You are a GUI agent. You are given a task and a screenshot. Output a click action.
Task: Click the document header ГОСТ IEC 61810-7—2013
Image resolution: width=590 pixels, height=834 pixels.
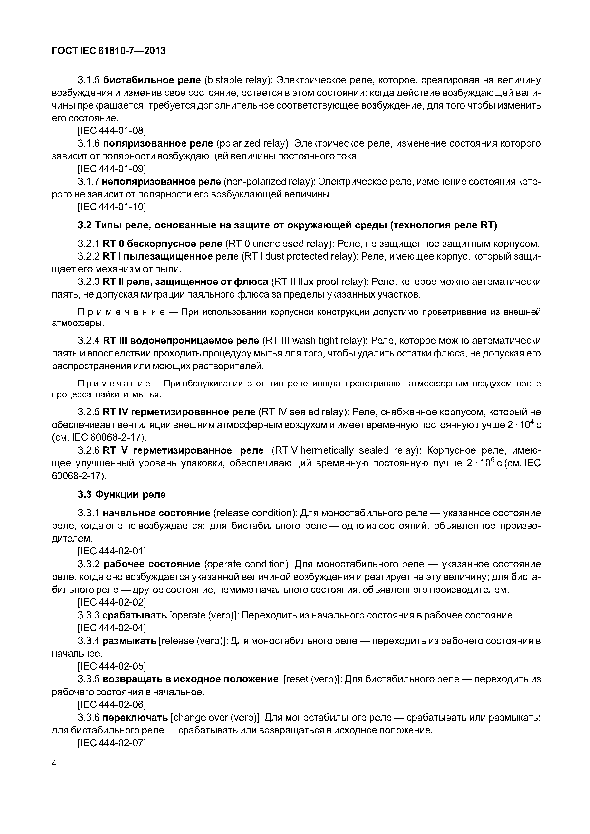[x=109, y=51]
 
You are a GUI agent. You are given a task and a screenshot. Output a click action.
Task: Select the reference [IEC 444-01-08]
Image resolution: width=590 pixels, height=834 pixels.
[x=112, y=131]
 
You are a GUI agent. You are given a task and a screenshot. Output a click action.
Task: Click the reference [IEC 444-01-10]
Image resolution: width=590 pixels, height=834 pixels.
[x=112, y=207]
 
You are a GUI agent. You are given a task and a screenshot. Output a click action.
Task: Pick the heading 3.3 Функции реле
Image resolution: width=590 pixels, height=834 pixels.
[x=122, y=494]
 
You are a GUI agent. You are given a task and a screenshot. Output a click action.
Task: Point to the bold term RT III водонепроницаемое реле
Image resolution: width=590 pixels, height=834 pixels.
[x=181, y=341]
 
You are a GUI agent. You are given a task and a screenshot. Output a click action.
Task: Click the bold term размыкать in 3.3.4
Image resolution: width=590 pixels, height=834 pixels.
[x=129, y=641]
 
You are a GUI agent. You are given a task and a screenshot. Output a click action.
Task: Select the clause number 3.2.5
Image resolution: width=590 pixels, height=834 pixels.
[x=89, y=412]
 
